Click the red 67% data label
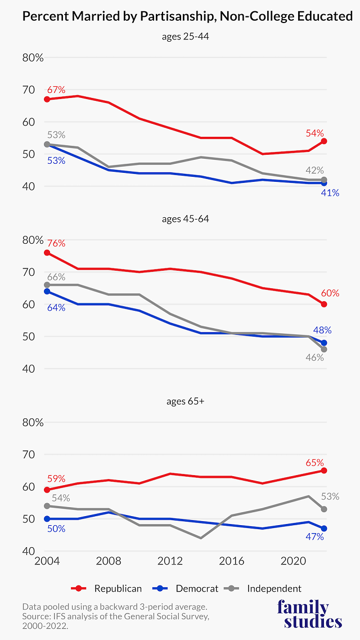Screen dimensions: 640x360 (56, 89)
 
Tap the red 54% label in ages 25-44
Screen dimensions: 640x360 (314, 133)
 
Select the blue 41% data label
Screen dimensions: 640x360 (330, 193)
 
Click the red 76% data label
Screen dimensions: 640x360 (56, 243)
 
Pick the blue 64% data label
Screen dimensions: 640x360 (56, 307)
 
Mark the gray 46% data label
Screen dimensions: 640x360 (314, 357)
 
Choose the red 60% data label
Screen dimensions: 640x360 (330, 293)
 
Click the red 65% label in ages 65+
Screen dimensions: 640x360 (314, 463)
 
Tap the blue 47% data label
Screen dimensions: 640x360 (314, 536)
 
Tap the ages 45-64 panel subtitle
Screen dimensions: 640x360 (185, 218)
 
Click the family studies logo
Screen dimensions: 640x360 (309, 614)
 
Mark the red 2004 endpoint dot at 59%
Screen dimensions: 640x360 (47, 490)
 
